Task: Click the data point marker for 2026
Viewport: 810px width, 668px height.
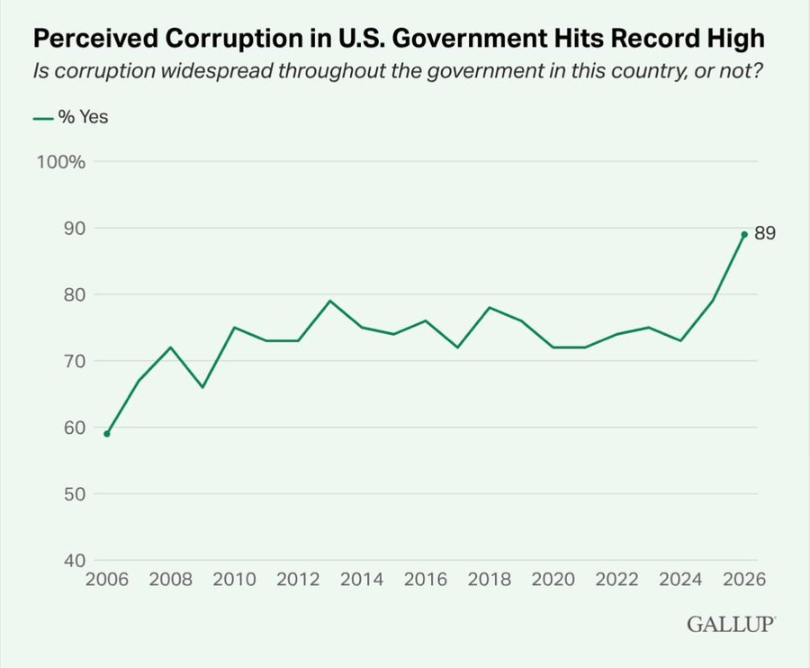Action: (x=744, y=234)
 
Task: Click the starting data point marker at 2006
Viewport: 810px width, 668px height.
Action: (x=107, y=433)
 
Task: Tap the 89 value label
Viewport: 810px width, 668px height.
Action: (x=765, y=233)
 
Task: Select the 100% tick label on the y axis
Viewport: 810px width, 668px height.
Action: (x=60, y=162)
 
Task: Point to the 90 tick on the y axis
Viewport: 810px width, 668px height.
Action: (x=75, y=229)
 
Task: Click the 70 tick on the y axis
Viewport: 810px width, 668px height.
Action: (x=75, y=361)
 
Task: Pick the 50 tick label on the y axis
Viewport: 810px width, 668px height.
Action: (x=75, y=494)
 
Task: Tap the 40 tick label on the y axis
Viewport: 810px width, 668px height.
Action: (x=75, y=561)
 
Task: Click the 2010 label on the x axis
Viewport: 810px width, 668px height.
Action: (x=235, y=579)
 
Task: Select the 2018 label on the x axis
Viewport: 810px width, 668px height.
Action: (x=490, y=579)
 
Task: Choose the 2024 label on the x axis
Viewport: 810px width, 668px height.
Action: (x=680, y=579)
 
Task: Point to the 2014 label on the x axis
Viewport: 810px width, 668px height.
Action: (x=362, y=579)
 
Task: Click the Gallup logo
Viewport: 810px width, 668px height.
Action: (x=731, y=624)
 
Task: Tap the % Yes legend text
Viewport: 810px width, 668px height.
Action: (x=83, y=117)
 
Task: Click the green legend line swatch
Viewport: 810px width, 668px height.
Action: (x=43, y=118)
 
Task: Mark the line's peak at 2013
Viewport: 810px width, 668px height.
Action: (x=330, y=301)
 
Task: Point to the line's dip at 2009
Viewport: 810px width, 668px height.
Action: (x=202, y=387)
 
